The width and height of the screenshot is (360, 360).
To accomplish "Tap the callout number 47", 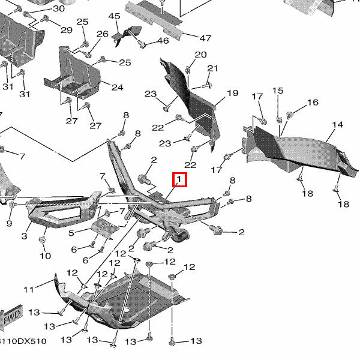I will tap(205, 38).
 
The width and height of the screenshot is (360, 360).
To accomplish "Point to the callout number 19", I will tap(232, 93).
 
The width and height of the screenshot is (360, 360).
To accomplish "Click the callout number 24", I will tap(116, 88).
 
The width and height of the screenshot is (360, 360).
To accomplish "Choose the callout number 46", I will tap(163, 41).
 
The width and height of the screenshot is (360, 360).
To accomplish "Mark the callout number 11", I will tap(28, 290).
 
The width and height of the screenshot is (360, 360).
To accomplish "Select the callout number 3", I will tap(25, 236).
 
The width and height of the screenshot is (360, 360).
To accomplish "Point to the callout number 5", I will tap(71, 233).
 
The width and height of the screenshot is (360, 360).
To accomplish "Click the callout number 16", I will tap(313, 103).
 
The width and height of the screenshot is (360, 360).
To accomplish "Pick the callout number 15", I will tap(278, 91).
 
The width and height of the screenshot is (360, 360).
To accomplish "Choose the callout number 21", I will tap(213, 68).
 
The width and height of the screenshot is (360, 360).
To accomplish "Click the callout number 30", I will tap(58, 9).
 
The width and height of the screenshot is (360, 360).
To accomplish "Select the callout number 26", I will tap(103, 34).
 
